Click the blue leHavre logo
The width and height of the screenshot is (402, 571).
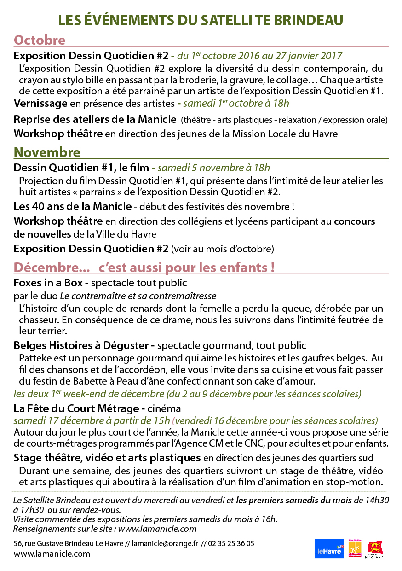(x=329, y=549)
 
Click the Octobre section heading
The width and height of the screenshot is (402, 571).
(x=40, y=40)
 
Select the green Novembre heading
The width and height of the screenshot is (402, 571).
(x=47, y=152)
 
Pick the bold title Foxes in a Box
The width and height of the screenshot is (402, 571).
(x=51, y=282)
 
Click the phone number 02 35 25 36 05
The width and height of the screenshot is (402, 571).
(x=230, y=544)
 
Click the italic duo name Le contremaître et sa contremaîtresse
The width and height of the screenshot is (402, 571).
(x=138, y=295)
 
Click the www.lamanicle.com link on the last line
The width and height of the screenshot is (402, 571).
(x=52, y=554)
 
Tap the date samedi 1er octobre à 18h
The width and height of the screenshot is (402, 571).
(x=236, y=103)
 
